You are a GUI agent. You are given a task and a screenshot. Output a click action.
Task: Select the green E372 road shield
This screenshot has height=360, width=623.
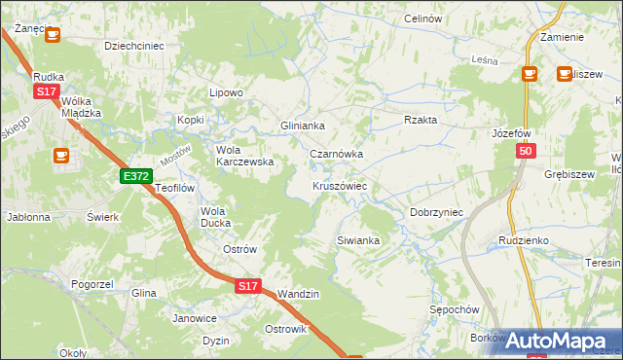tap(136, 176)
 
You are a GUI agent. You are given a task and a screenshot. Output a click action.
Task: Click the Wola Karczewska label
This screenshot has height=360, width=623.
tap(243, 156)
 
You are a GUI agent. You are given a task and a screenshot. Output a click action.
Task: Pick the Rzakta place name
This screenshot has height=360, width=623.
tap(421, 120)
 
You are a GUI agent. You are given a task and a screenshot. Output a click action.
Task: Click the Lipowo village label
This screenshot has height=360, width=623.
tap(226, 92)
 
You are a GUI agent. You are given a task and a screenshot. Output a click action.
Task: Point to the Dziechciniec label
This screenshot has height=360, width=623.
tap(134, 45)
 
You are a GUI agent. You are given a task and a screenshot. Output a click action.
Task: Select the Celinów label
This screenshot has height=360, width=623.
tap(422, 19)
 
